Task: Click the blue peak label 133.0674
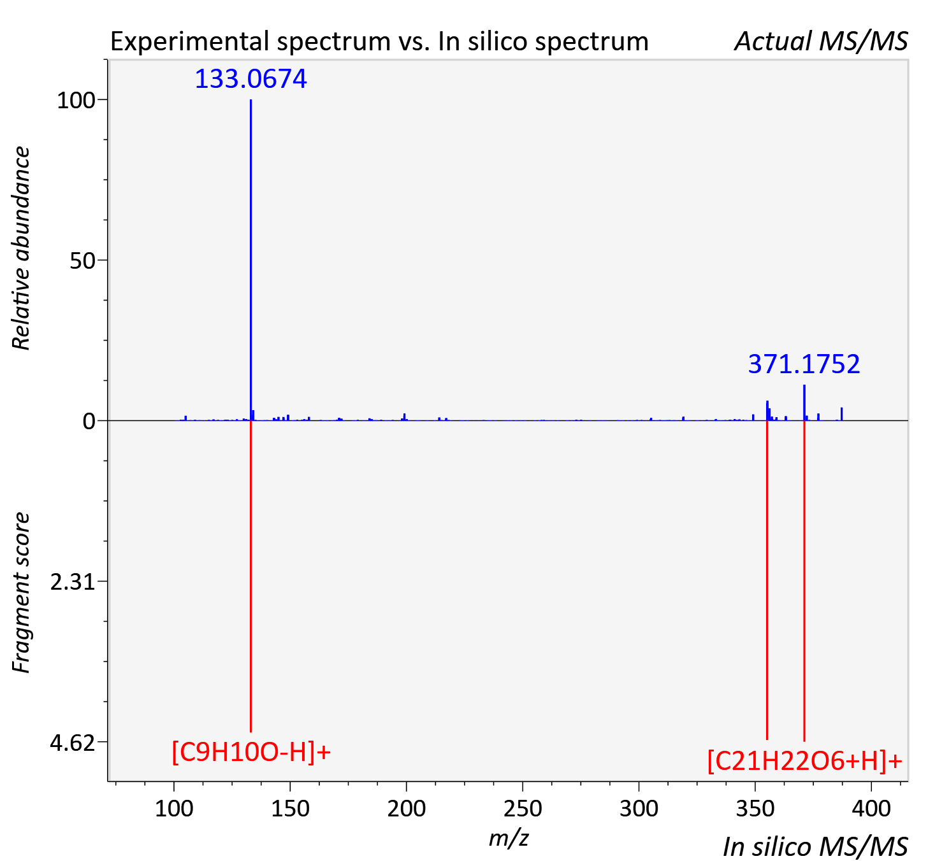coord(250,79)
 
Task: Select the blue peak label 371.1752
coord(804,364)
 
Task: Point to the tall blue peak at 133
coord(251,260)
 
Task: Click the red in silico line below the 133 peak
coord(251,576)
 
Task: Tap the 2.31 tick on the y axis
coord(72,582)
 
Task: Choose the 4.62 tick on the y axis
coord(72,743)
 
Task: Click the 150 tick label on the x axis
coord(290,808)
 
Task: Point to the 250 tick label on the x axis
coord(523,808)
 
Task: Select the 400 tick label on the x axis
coord(871,808)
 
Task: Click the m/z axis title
coord(509,838)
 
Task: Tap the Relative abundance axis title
coord(21,248)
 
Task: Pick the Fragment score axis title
coord(21,592)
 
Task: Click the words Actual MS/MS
coord(822,41)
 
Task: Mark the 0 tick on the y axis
coord(89,422)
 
